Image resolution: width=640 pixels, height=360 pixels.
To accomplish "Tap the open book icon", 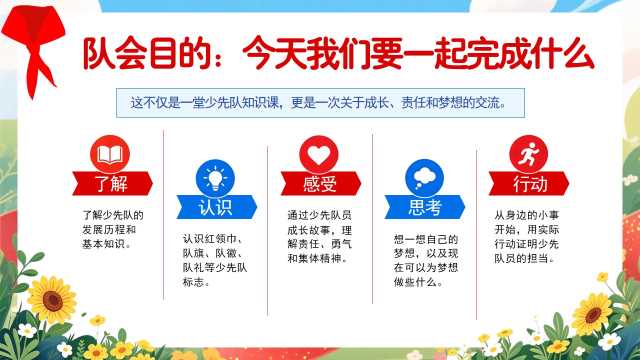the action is click(110, 154).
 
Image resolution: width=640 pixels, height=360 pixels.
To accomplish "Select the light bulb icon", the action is click(215, 178).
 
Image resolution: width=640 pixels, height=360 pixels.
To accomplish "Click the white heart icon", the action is click(319, 154).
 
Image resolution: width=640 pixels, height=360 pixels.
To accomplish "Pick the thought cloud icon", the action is click(424, 178).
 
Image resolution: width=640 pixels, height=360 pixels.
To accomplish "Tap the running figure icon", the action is click(529, 154).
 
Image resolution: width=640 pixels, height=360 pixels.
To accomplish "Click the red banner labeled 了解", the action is click(113, 184).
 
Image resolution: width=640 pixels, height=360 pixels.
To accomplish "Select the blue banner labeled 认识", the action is click(217, 207).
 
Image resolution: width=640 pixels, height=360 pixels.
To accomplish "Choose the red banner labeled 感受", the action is click(321, 184).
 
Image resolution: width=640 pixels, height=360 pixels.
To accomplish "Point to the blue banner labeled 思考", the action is click(425, 207).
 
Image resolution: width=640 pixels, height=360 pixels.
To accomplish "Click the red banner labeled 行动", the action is click(529, 184).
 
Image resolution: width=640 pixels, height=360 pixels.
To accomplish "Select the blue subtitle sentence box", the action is click(320, 103).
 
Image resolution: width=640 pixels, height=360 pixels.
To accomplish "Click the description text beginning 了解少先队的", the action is click(113, 229).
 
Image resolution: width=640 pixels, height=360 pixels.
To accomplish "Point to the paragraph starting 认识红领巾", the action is click(215, 260).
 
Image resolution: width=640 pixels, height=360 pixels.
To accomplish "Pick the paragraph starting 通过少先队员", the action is click(320, 237).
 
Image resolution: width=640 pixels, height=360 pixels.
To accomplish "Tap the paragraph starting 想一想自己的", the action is click(426, 260).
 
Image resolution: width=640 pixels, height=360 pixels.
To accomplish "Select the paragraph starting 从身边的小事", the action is click(527, 237).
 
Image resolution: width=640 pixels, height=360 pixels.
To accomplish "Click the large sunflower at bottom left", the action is click(52, 300).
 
